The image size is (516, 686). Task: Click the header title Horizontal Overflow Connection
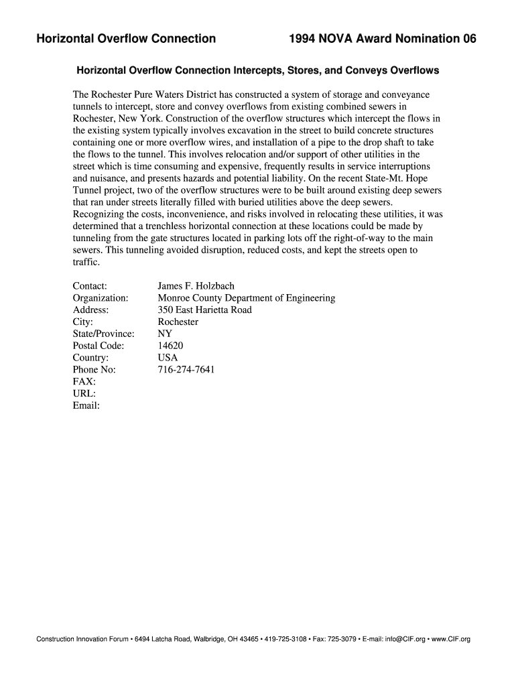[126, 39]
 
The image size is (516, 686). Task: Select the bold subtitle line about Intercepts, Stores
[257, 70]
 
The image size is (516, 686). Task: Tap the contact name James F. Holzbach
[196, 286]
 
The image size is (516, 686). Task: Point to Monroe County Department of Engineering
[246, 298]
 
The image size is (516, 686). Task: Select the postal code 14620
[170, 346]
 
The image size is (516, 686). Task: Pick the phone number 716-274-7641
[186, 369]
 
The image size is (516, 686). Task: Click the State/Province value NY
[164, 334]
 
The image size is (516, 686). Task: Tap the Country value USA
[168, 358]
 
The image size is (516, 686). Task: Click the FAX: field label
[85, 381]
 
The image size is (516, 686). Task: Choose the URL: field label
[84, 393]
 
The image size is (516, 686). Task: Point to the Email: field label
[86, 405]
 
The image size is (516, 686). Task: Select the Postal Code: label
[98, 346]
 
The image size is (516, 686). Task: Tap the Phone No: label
[94, 369]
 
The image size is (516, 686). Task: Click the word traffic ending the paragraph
[86, 263]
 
